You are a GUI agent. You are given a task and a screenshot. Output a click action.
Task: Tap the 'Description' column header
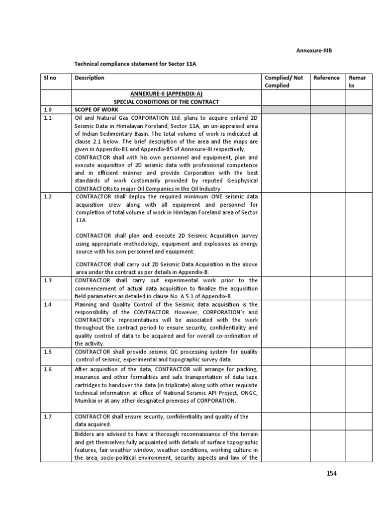(x=90, y=78)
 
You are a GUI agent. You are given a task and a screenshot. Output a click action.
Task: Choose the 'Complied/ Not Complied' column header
(x=284, y=82)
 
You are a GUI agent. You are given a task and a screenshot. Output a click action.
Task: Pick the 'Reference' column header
(x=327, y=78)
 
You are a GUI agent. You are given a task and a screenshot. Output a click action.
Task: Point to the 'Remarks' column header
(x=358, y=82)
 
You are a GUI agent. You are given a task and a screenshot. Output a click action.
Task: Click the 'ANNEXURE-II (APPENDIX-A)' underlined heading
(x=167, y=93)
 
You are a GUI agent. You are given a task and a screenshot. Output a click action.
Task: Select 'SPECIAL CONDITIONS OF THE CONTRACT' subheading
(x=167, y=101)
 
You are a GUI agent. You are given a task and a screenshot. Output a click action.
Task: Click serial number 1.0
(x=48, y=110)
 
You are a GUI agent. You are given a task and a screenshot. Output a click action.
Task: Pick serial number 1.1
(x=48, y=118)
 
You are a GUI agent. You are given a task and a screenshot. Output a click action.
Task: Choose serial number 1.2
(x=48, y=196)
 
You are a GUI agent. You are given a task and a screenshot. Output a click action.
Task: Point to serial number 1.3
(x=48, y=280)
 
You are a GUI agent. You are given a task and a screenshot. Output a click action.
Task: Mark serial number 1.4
(x=48, y=304)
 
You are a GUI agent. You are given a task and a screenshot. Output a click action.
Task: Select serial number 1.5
(x=48, y=352)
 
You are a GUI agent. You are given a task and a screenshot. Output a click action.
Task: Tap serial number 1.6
(x=48, y=369)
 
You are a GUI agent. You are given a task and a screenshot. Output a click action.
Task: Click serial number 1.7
(x=48, y=416)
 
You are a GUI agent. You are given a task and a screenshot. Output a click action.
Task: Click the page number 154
(x=332, y=473)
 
